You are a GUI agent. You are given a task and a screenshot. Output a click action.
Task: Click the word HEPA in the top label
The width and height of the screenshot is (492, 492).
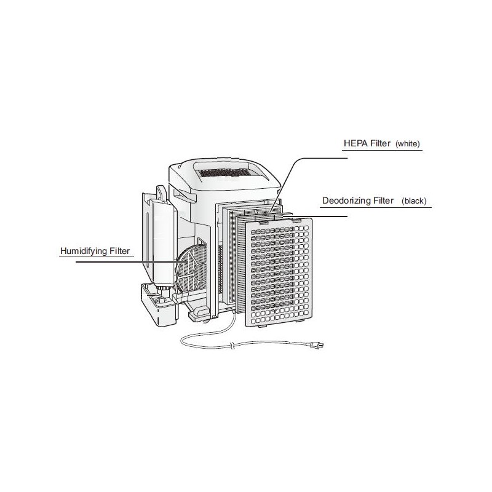point(355,143)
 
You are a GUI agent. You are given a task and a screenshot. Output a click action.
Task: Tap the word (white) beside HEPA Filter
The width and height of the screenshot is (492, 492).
point(408,144)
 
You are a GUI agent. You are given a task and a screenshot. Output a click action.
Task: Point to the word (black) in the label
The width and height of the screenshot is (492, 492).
point(414,201)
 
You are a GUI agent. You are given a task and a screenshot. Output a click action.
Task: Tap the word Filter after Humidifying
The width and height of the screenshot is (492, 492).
point(119,251)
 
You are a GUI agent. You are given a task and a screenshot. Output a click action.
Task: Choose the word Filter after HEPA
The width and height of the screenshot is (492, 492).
point(380,143)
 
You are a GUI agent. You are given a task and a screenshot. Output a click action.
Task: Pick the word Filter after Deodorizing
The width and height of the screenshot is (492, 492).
point(383,200)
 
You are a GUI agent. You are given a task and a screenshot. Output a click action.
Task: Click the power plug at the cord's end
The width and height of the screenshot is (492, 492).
point(315,346)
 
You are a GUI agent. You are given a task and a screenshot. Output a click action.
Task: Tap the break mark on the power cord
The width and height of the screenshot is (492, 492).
point(231,346)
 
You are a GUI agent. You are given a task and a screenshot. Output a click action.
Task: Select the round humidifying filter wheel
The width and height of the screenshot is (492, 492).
point(191,268)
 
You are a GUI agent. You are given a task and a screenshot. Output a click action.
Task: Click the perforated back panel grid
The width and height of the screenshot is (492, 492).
point(279,272)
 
